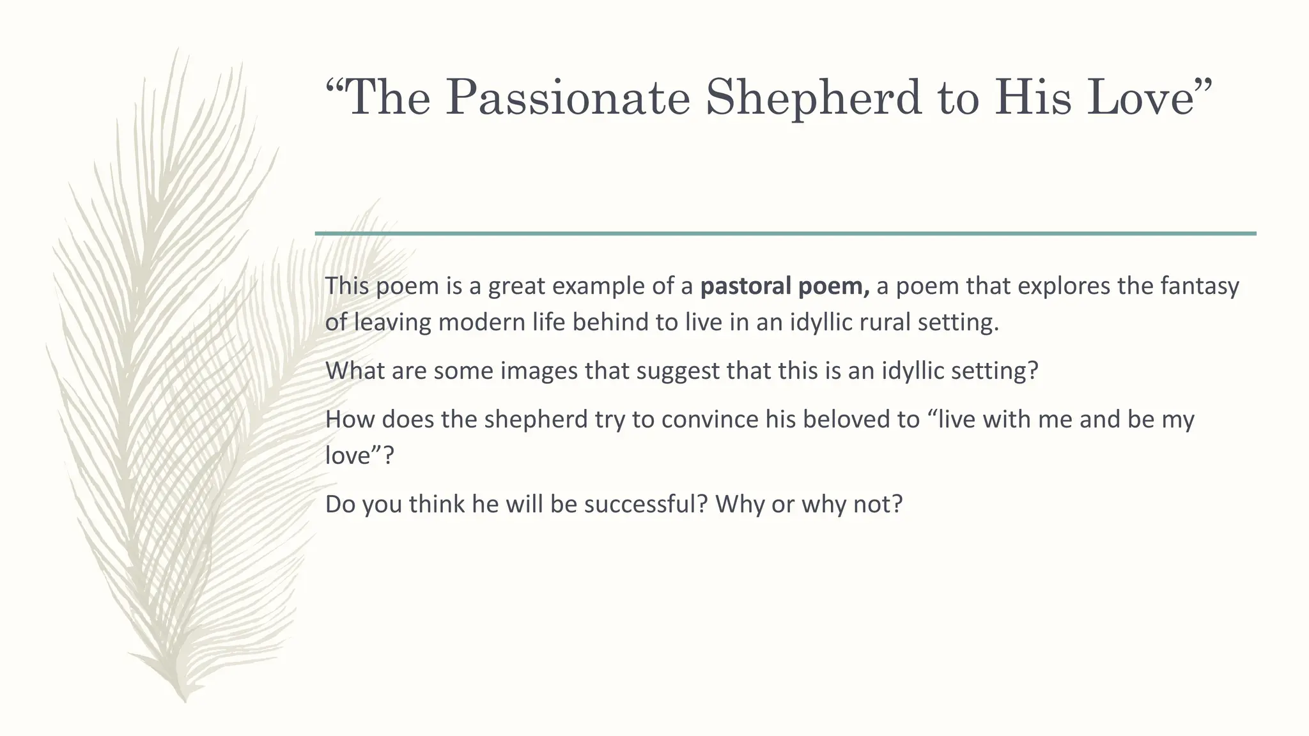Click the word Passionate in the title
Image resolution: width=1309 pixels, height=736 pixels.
pyautogui.click(x=568, y=98)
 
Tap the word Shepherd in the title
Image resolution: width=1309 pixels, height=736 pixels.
pyautogui.click(x=814, y=98)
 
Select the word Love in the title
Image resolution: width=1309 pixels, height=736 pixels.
pyautogui.click(x=1141, y=98)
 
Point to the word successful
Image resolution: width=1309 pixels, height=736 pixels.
pyautogui.click(x=646, y=504)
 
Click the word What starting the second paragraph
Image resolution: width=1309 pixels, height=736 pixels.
pyautogui.click(x=355, y=371)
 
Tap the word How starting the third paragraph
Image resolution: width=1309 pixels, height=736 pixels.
pyautogui.click(x=350, y=420)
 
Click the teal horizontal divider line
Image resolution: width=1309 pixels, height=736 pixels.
pyautogui.click(x=786, y=234)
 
